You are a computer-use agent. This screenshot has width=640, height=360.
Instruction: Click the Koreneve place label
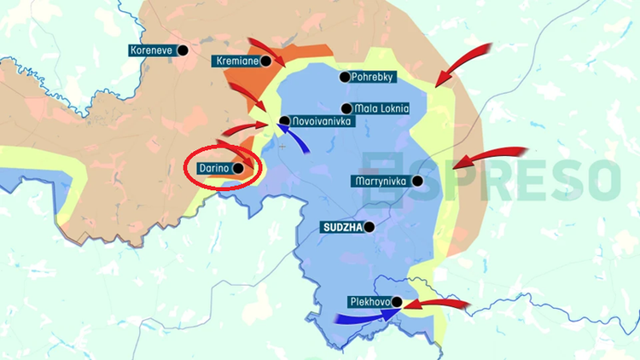click(152, 50)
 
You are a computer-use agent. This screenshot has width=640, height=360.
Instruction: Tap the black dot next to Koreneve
click(181, 50)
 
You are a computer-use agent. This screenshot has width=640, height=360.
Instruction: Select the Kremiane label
click(236, 61)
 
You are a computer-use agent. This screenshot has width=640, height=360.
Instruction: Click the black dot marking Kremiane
click(266, 61)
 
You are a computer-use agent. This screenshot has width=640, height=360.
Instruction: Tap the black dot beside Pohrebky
click(345, 77)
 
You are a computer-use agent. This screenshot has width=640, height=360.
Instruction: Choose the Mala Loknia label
click(381, 108)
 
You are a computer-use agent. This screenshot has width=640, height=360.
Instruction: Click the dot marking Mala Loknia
click(346, 108)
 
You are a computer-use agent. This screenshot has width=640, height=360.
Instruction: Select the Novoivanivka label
click(320, 122)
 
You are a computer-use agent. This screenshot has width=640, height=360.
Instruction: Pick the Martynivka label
click(381, 181)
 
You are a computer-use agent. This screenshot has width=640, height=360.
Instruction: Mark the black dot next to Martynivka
click(417, 181)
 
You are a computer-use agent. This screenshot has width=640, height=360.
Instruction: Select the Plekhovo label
click(368, 301)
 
